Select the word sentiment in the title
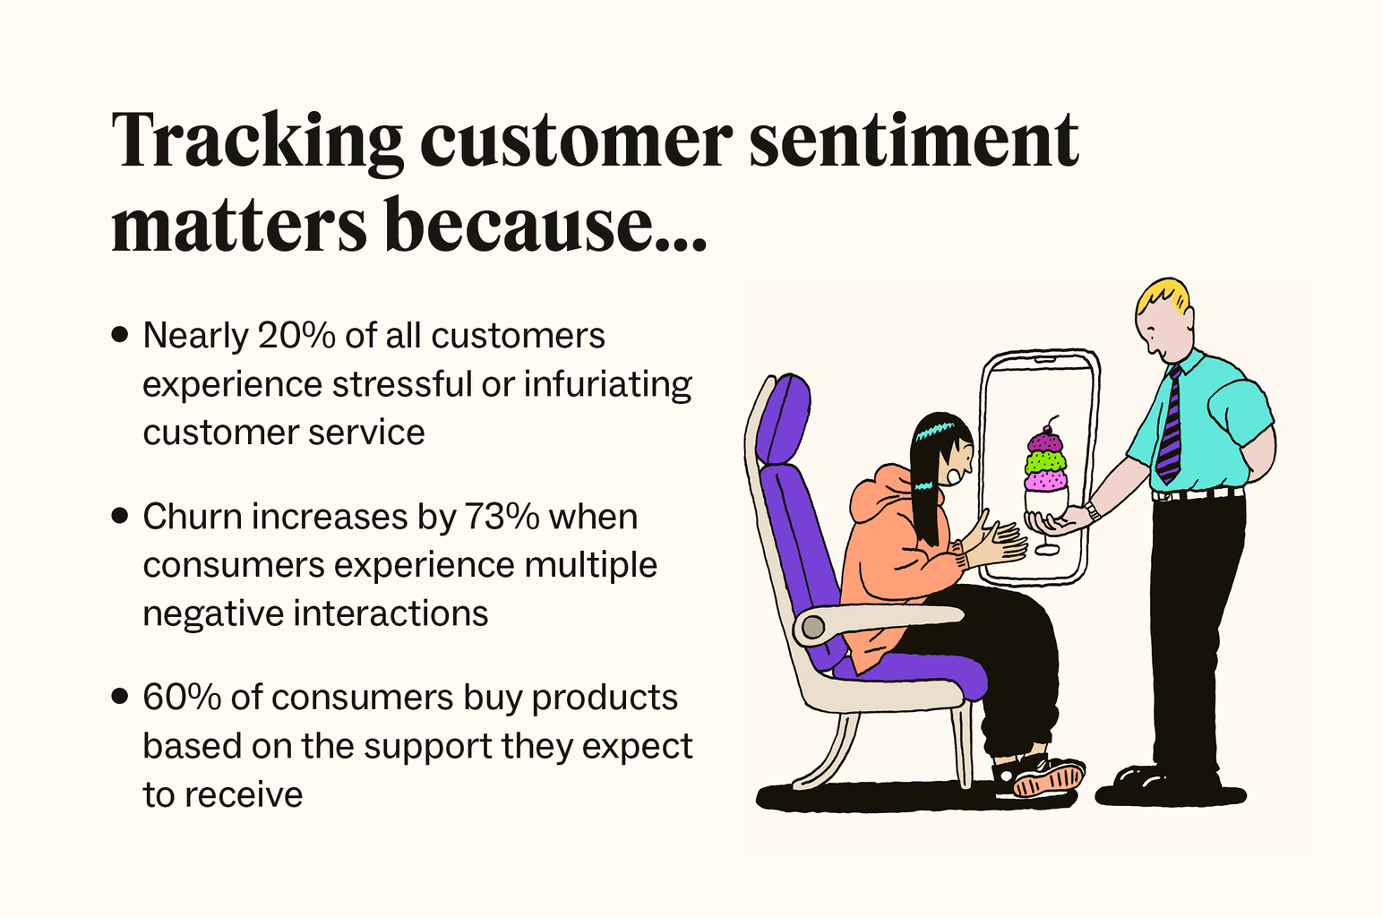pos(914,141)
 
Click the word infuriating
pos(607,384)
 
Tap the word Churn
pos(192,517)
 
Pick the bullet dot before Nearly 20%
pos(120,336)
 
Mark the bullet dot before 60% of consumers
pos(120,698)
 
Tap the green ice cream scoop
pos(1046,462)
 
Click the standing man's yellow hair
pos(1164,296)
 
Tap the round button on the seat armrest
pos(812,627)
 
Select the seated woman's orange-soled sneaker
pos(1048,779)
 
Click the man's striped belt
pos(1197,493)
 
